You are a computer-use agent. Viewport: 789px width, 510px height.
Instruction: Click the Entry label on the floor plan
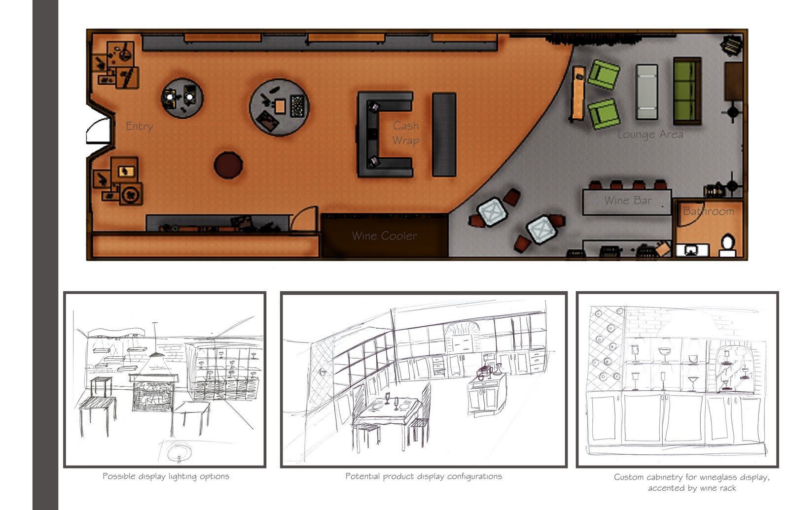click(139, 126)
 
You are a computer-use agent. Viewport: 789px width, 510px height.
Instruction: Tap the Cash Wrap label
click(406, 133)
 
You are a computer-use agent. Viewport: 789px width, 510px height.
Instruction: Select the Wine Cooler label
click(384, 236)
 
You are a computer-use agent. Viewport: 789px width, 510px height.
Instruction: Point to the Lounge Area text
click(650, 135)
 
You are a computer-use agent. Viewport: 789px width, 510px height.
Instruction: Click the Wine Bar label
click(627, 201)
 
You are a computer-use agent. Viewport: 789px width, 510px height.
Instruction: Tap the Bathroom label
click(708, 211)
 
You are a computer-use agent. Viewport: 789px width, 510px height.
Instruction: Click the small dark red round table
click(228, 165)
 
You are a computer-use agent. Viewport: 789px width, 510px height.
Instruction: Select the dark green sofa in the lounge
click(687, 91)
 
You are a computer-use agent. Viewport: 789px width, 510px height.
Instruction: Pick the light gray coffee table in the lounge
click(646, 92)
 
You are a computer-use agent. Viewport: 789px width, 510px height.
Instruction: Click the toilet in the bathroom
click(727, 244)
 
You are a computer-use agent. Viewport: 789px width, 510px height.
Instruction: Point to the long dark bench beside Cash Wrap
click(444, 134)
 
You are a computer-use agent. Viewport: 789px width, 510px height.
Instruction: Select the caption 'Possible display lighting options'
click(166, 476)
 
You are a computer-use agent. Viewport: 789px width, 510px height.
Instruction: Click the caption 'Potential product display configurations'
click(423, 476)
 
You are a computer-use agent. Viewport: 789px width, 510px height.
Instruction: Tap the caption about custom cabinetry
click(691, 482)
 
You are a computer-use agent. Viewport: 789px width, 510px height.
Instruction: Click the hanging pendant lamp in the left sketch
click(156, 353)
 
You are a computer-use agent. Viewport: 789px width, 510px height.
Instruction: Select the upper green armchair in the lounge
click(604, 74)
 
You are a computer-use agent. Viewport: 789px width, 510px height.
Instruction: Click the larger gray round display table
click(279, 107)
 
